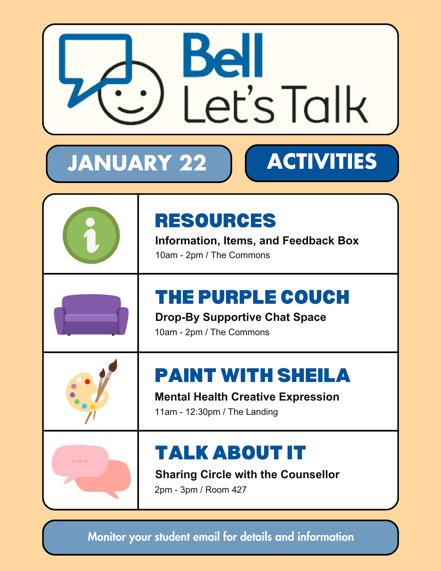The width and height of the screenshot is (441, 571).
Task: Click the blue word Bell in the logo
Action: click(x=223, y=56)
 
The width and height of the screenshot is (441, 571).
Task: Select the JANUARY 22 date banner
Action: click(x=138, y=163)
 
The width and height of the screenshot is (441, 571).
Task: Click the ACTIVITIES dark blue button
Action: click(x=322, y=163)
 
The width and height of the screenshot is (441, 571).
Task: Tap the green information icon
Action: click(x=91, y=235)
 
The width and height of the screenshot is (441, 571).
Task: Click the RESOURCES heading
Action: click(x=215, y=221)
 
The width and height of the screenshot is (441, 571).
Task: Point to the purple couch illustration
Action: click(x=91, y=315)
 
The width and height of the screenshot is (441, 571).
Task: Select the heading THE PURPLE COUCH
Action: click(x=252, y=297)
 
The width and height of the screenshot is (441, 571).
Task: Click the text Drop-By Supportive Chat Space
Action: click(x=240, y=317)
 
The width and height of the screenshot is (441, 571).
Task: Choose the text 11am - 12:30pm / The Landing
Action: click(x=216, y=412)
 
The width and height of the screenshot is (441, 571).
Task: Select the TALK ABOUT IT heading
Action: click(x=230, y=453)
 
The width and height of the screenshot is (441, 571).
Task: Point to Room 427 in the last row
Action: click(x=226, y=490)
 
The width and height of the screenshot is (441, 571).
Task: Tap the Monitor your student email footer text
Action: click(x=220, y=537)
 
